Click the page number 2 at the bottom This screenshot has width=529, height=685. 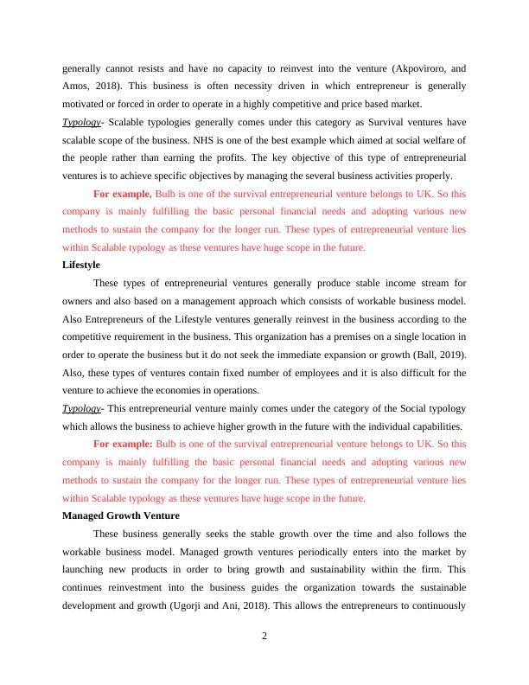[x=264, y=637]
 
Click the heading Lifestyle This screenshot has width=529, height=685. [x=81, y=265]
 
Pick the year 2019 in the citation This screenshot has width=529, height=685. [x=451, y=355]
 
